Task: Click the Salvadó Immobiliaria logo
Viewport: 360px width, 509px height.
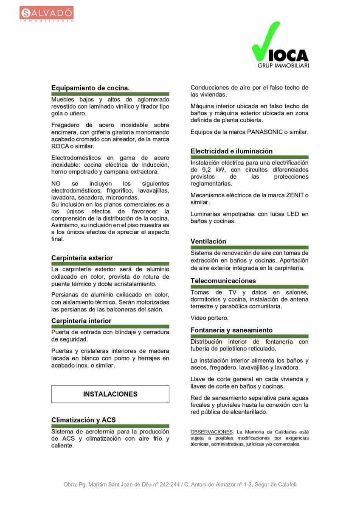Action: (46, 14)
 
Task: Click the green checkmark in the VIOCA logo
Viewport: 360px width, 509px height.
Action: (265, 42)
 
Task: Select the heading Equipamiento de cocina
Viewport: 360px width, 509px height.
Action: (90, 88)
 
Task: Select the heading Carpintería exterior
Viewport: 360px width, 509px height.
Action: (82, 258)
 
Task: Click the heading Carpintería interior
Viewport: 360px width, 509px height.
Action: (81, 321)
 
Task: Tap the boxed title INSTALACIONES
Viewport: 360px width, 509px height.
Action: (110, 394)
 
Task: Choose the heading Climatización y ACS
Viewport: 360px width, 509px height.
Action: (83, 420)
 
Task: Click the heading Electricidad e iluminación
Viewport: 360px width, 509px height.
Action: (231, 151)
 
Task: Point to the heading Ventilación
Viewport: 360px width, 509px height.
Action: (208, 241)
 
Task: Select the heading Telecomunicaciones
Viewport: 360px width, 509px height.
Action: (223, 281)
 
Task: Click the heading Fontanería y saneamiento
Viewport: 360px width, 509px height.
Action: (231, 330)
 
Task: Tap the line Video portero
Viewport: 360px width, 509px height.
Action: (209, 318)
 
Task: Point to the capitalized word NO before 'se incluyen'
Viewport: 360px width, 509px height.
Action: (56, 184)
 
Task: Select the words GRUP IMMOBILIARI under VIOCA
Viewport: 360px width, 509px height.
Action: (283, 66)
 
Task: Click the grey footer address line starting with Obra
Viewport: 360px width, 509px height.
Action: (180, 484)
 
